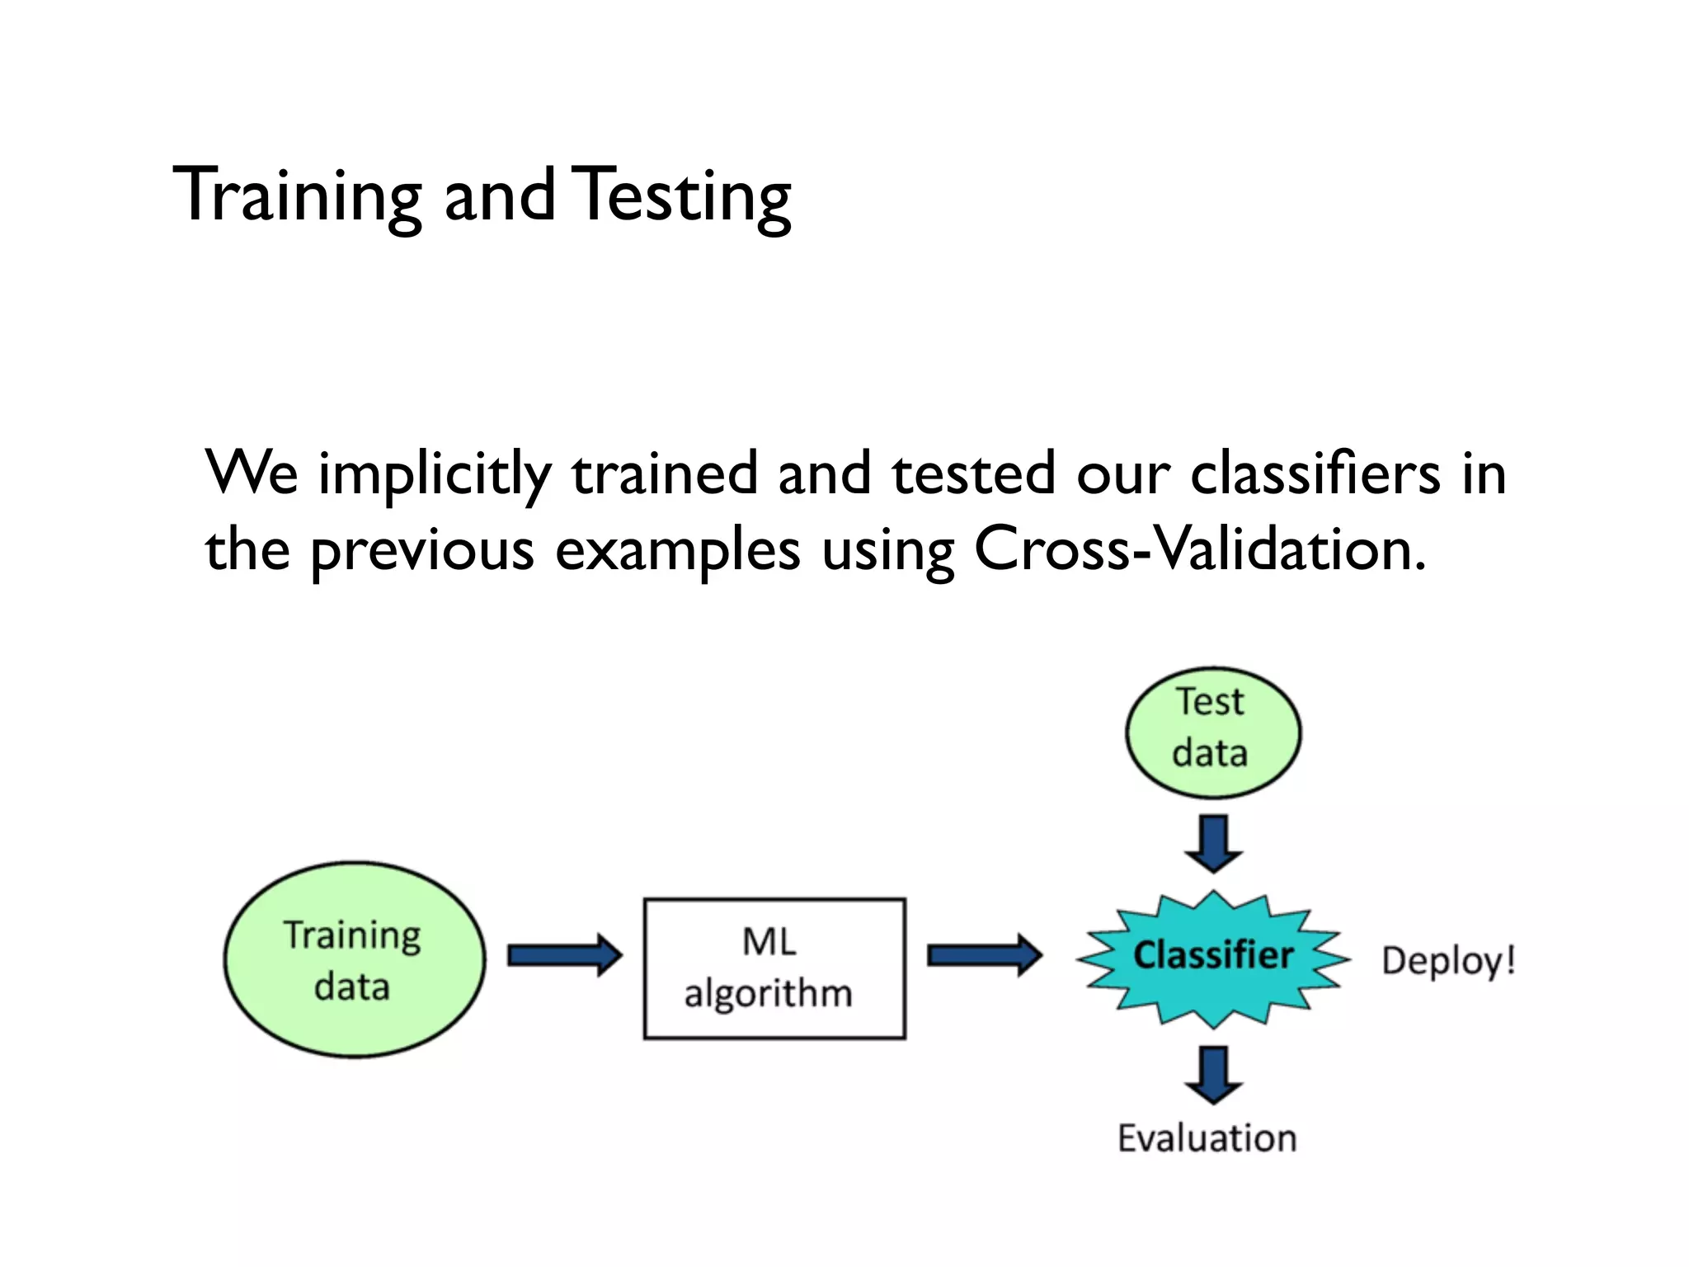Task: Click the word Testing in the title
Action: pyautogui.click(x=681, y=195)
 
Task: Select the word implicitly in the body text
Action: pyautogui.click(x=435, y=475)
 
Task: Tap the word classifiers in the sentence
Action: pyautogui.click(x=1315, y=473)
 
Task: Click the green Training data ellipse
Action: pyautogui.click(x=355, y=959)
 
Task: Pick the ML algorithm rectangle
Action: pyautogui.click(x=774, y=968)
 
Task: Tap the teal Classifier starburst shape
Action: pyautogui.click(x=1212, y=958)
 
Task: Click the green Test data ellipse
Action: pyautogui.click(x=1212, y=732)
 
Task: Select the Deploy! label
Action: pyautogui.click(x=1448, y=961)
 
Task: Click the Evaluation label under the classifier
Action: pyautogui.click(x=1207, y=1138)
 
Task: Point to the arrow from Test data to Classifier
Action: pyautogui.click(x=1213, y=843)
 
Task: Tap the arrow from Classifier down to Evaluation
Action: pyautogui.click(x=1213, y=1074)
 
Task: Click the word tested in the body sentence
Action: pyautogui.click(x=973, y=473)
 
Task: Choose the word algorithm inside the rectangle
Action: pyautogui.click(x=768, y=993)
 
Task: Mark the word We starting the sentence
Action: pyautogui.click(x=252, y=473)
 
